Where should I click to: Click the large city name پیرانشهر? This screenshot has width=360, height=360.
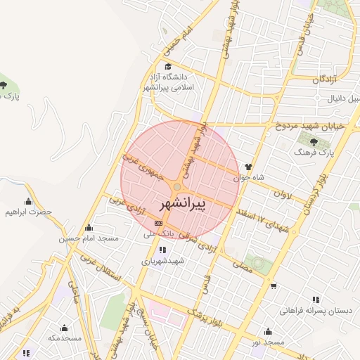(x=180, y=205)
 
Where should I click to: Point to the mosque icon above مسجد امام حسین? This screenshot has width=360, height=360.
(x=89, y=227)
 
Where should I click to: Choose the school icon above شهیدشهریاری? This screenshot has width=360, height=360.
(x=163, y=250)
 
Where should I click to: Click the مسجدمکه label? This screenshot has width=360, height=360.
(x=64, y=338)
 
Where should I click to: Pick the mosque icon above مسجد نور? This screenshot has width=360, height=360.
(x=268, y=331)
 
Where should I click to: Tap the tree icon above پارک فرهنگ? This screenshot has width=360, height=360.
(x=306, y=141)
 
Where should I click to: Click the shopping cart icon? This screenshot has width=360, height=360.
(x=274, y=285)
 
